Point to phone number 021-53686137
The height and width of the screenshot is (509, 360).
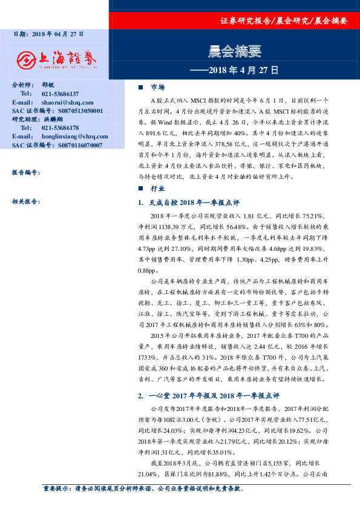(x=61, y=94)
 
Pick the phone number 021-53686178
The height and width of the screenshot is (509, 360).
(x=61, y=128)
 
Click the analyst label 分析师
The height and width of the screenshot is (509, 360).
(x=24, y=86)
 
